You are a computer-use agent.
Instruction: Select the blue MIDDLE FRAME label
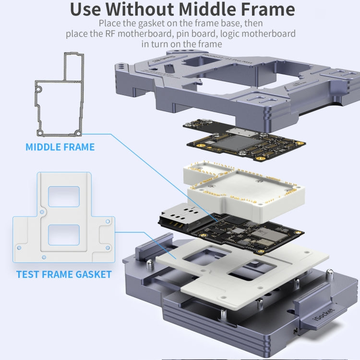(x=60, y=147)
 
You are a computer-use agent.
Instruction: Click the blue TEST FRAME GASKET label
(x=64, y=275)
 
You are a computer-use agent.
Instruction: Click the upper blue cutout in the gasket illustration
(x=64, y=196)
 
